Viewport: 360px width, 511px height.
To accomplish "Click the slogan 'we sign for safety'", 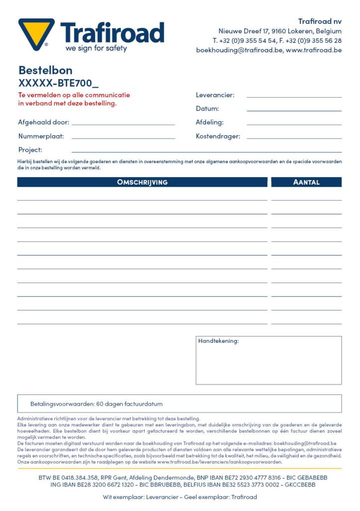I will point(96,48).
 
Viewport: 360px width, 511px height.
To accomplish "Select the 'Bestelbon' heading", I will point(45,70).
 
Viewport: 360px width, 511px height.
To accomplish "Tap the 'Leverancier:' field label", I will point(215,95).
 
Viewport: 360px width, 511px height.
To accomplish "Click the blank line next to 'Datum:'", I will point(294,110).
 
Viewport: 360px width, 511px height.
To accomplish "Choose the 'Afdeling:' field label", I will point(209,122).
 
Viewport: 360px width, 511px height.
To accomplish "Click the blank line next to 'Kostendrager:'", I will point(294,137).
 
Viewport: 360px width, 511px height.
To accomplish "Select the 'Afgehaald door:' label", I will point(43,122).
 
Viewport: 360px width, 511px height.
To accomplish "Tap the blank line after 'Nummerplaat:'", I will point(123,137).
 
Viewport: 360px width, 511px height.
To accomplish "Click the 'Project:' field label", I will point(30,150).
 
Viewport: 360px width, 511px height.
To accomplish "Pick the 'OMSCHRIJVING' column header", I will point(142,182).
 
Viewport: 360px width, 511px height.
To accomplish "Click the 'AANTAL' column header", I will point(306,182).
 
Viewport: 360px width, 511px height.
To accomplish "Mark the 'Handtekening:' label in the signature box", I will point(218,341).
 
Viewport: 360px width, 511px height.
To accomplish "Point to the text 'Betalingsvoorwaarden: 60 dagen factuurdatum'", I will point(96,404).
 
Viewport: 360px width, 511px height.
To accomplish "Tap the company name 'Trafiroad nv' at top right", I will point(320,21).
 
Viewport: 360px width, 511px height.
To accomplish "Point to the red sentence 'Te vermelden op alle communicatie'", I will point(74,95).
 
